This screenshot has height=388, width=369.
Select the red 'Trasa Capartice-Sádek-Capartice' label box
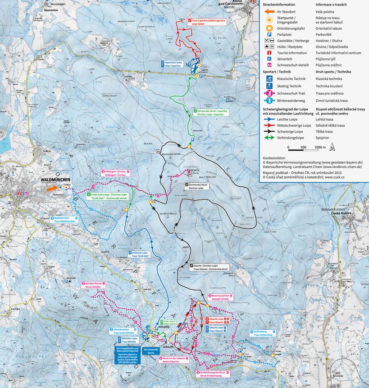click(206, 21)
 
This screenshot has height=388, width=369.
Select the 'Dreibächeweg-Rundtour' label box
click(214, 374)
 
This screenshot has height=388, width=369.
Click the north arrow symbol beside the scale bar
click(332, 147)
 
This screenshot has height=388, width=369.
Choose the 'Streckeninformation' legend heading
click(282, 4)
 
